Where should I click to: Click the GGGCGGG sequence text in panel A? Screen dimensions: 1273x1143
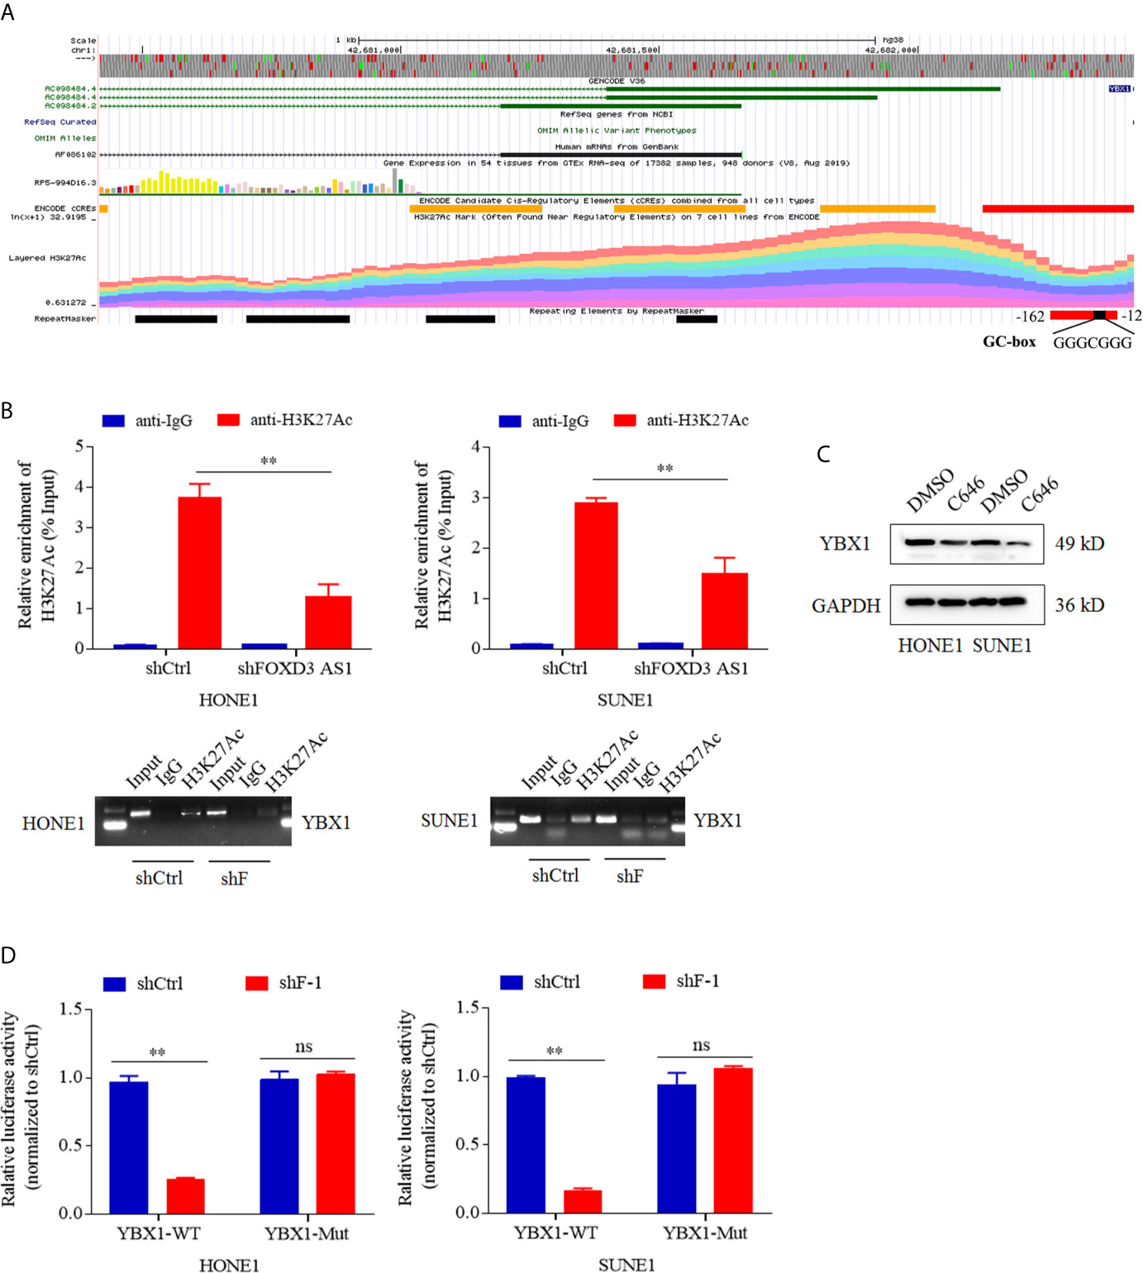pos(1092,343)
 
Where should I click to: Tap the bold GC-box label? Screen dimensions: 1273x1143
pos(1008,341)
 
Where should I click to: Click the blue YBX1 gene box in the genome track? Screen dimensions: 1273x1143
pos(1119,88)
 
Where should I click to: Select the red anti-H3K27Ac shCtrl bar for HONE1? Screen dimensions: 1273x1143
pos(200,572)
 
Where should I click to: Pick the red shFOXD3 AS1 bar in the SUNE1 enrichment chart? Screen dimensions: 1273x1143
pos(725,610)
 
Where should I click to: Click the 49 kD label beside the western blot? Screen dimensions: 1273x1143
pos(1079,543)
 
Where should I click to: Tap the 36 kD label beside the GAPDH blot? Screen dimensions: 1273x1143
pos(1079,605)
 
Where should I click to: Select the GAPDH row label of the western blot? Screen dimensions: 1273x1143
pos(845,606)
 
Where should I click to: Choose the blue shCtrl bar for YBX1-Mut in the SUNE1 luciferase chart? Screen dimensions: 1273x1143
pos(677,1148)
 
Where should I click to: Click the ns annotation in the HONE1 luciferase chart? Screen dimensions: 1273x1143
pos(304,1047)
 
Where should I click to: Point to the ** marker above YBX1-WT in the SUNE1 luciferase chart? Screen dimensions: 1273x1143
pos(555,1051)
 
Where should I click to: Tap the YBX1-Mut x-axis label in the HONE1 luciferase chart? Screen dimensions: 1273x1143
pos(307,1234)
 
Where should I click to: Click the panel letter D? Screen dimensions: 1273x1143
pos(8,956)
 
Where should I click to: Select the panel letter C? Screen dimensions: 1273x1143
pos(822,454)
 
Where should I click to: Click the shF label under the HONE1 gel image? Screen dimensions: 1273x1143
pos(234,878)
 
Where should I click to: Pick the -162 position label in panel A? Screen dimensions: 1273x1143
pos(1030,316)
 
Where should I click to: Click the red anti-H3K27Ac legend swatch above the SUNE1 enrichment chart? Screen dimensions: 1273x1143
pos(626,420)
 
